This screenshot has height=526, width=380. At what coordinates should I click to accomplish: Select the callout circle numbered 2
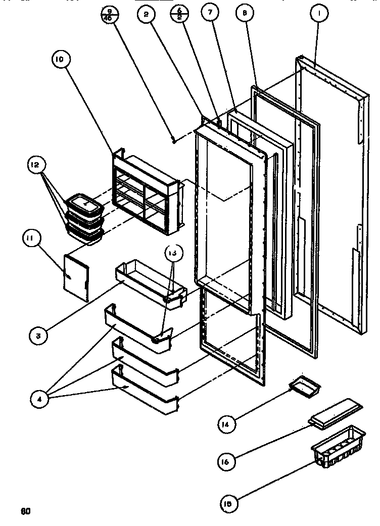[x=147, y=16]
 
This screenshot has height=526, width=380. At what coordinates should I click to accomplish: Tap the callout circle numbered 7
[x=208, y=14]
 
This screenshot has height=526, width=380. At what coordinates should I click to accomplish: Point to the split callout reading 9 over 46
[x=108, y=16]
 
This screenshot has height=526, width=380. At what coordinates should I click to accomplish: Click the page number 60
[x=26, y=511]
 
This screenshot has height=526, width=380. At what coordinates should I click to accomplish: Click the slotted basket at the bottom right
[x=339, y=452]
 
